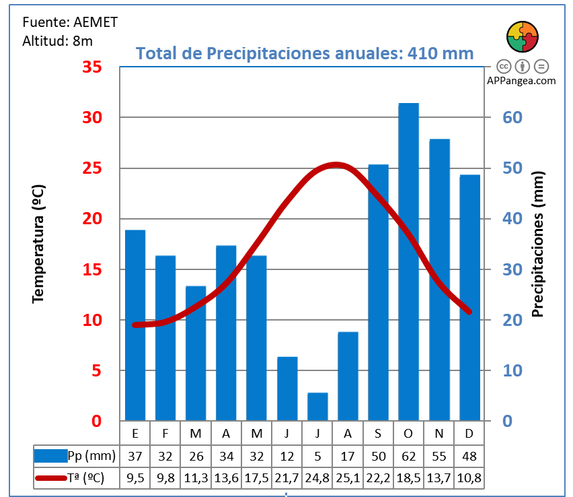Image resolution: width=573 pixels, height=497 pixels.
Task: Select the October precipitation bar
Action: click(408, 263)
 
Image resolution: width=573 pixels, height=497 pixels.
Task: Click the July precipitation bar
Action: click(317, 407)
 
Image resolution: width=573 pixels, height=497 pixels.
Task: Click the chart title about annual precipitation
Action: click(305, 53)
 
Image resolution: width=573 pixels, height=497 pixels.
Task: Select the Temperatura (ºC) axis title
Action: click(38, 244)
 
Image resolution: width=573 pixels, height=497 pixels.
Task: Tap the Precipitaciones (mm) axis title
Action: click(537, 244)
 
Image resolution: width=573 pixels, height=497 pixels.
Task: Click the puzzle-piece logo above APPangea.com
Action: click(522, 37)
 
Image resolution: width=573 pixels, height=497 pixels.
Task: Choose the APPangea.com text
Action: click(521, 80)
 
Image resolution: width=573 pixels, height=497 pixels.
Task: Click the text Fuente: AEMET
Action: click(70, 22)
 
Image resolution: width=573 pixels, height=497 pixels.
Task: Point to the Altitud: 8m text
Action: click(57, 40)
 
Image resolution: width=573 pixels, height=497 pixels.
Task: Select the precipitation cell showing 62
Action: click(408, 456)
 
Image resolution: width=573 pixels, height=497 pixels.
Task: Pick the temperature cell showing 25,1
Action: click(348, 478)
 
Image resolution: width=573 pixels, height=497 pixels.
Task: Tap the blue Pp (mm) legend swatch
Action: click(50, 456)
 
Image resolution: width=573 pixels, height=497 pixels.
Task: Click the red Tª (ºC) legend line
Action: click(50, 478)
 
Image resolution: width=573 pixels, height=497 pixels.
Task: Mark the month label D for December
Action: click(469, 433)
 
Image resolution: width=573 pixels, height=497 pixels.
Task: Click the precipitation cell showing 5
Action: click(317, 456)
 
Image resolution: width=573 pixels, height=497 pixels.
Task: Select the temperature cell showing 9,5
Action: click(135, 478)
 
